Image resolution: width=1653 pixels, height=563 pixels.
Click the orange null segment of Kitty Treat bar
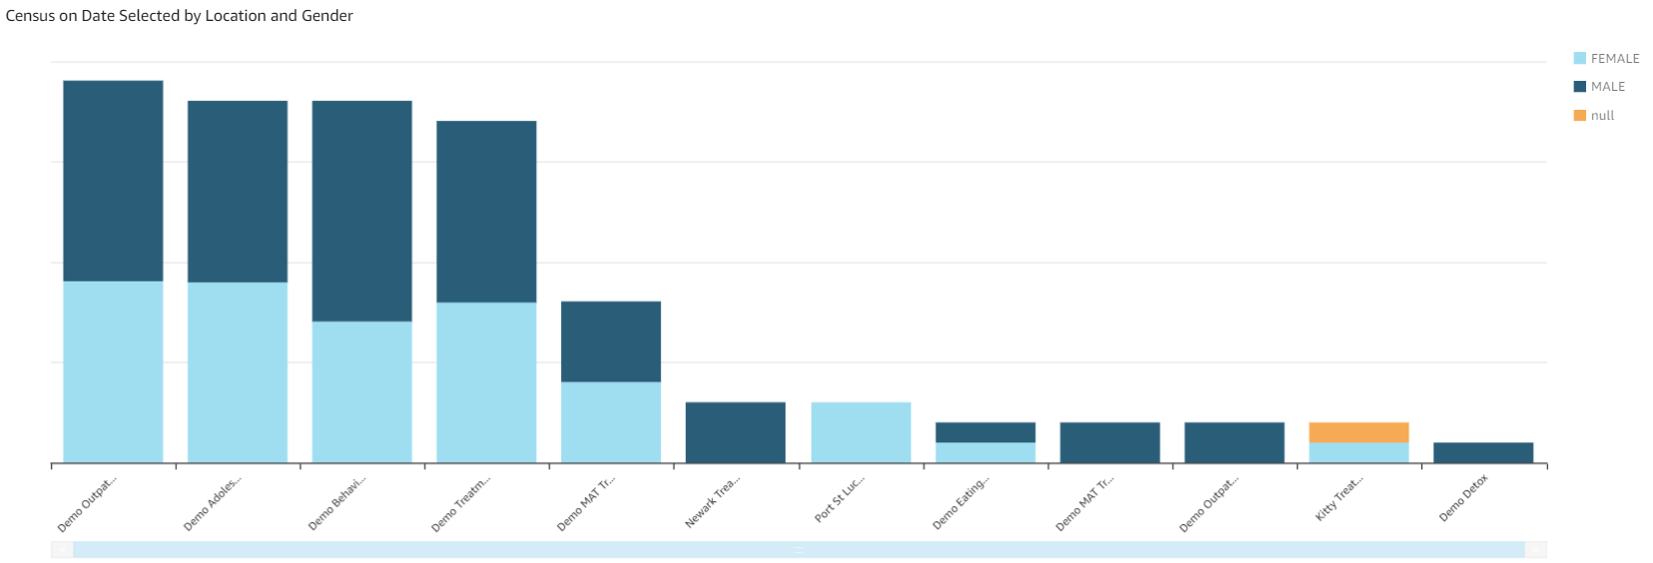(x=1359, y=432)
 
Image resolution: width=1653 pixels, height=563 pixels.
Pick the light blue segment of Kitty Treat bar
(x=1359, y=452)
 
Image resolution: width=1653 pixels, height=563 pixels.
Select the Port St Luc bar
(x=860, y=432)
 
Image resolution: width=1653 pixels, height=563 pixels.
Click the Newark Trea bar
(x=736, y=432)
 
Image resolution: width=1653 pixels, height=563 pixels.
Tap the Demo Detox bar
(x=1483, y=452)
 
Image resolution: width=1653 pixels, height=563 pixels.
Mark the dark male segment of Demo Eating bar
(x=985, y=432)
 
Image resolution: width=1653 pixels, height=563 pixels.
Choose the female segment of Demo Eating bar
(x=985, y=452)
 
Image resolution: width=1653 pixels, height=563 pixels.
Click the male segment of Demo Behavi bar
(x=362, y=211)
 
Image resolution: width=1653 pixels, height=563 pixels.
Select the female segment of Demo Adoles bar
(x=238, y=372)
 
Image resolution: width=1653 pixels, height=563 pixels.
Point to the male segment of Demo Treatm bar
(x=486, y=212)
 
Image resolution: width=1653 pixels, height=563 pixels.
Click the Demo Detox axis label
(x=1463, y=497)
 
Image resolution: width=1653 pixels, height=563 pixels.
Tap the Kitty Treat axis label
(x=1339, y=498)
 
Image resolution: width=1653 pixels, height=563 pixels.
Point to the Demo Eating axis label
(x=961, y=502)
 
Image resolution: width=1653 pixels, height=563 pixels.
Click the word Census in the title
(x=30, y=16)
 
